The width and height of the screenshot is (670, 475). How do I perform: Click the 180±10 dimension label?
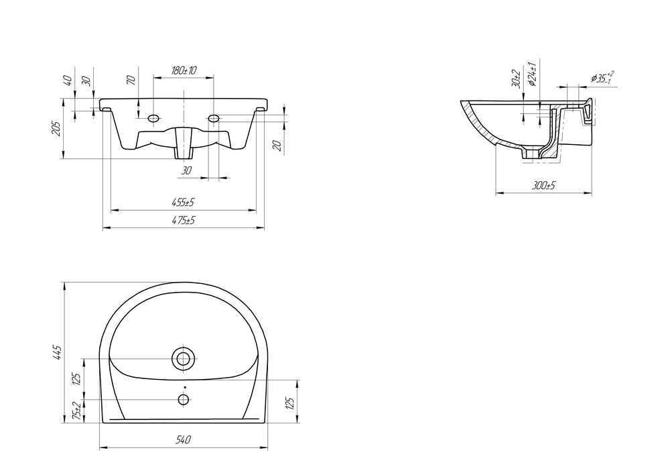[184, 70]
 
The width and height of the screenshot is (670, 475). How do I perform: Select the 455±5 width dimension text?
[184, 203]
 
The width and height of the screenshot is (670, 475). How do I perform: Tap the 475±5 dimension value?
[184, 221]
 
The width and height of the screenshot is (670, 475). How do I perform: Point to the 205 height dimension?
[56, 128]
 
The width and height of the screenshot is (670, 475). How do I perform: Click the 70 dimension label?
[131, 79]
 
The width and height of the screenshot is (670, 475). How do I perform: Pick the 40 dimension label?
[68, 80]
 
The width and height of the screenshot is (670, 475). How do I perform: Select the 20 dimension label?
[277, 146]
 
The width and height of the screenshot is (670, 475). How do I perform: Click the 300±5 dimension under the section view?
[543, 186]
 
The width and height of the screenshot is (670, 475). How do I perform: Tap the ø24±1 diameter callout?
[533, 74]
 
